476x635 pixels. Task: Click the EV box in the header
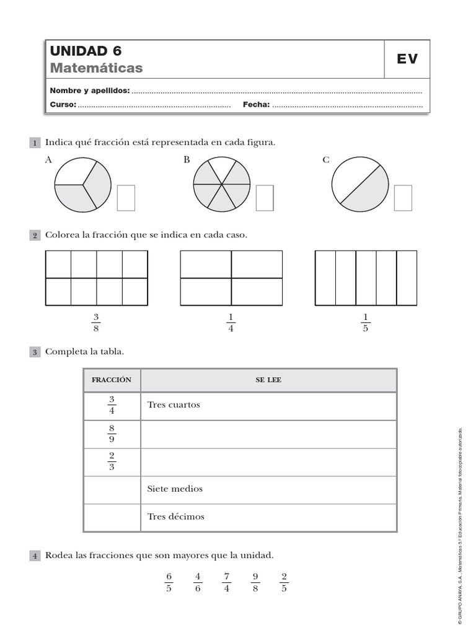coord(407,59)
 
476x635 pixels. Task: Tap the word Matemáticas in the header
coord(96,68)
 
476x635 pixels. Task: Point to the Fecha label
coord(256,105)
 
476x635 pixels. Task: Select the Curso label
coord(63,105)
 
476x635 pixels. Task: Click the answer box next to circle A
coord(126,197)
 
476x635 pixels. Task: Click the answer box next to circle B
coord(265,197)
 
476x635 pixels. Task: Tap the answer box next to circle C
coord(403,197)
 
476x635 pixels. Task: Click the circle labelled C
coord(360,184)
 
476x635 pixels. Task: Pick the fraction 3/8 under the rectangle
coord(96,323)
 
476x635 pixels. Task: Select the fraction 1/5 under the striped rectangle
coord(365,323)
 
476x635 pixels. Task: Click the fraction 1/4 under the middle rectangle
coord(231,323)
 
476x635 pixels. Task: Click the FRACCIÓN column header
coord(112,380)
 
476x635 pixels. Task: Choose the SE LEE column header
coord(268,380)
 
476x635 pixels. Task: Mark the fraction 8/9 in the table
coord(112,433)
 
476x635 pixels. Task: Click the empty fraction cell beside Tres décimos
coord(112,517)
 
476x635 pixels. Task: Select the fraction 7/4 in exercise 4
coord(227,582)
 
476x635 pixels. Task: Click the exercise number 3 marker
coord(35,352)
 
